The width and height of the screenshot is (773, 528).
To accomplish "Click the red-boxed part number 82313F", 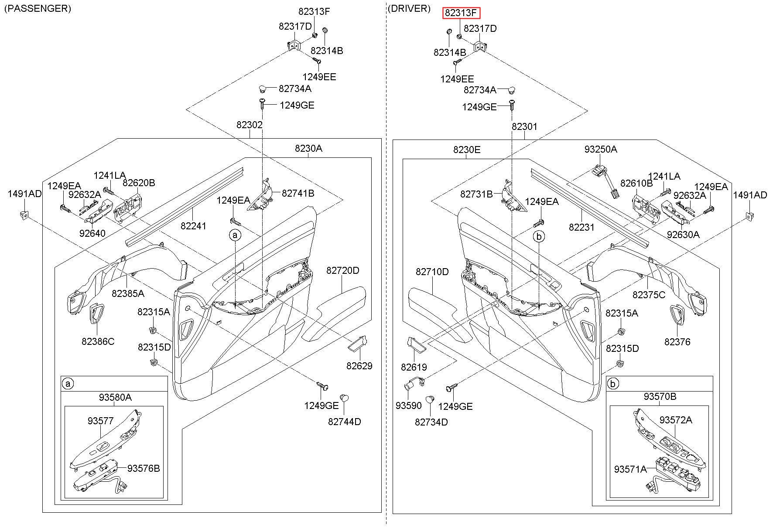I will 461,13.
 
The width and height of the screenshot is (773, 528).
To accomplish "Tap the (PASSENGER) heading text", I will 38,8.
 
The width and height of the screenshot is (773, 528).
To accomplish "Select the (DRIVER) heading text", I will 409,8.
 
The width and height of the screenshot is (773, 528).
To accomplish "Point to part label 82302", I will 250,125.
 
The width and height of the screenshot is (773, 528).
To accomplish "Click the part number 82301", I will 524,126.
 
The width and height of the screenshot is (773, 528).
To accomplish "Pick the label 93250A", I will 601,149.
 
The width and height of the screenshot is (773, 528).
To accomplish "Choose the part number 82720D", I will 343,270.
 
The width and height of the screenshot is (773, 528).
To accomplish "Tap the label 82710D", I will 432,272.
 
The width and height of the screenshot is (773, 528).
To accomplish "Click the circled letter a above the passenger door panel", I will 235,235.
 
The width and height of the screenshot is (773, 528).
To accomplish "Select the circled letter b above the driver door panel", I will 539,236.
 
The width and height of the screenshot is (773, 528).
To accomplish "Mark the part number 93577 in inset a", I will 100,421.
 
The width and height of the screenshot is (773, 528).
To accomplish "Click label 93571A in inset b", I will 630,469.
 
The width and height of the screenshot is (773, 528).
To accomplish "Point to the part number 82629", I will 359,366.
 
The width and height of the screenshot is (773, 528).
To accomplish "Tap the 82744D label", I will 345,422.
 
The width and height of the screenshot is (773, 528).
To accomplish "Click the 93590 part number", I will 409,405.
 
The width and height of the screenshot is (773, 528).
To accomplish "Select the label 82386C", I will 98,341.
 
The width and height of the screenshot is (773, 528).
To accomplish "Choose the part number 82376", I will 677,342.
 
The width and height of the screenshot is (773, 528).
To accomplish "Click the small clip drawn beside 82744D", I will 344,397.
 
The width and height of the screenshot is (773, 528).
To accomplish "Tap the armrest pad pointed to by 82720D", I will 336,312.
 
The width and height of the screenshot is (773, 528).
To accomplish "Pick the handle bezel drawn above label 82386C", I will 96,314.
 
